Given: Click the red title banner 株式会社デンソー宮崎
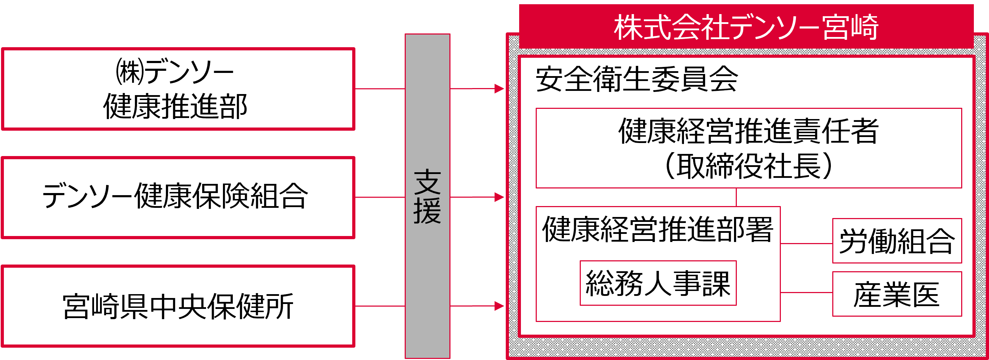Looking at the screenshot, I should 746,27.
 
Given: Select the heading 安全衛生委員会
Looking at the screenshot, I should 636,79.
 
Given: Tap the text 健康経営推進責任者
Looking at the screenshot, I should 748,131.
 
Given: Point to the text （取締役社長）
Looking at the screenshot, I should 748,166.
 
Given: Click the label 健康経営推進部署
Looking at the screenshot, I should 657,229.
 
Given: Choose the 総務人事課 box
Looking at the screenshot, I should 658,283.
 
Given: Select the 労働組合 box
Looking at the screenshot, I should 896,241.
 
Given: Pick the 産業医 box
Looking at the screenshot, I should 896,294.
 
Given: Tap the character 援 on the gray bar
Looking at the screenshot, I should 427,211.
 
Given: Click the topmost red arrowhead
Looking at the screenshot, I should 499,89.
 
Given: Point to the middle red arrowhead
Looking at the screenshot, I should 499,197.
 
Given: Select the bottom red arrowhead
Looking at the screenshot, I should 499,306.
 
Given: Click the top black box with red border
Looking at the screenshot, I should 178,89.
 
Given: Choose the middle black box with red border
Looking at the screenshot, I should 178,197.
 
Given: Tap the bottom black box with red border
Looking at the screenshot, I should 178,306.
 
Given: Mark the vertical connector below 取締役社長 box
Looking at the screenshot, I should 736,197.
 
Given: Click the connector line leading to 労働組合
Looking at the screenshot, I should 806,243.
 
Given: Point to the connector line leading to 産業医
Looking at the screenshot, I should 806,292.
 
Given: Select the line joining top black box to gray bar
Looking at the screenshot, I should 380,89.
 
